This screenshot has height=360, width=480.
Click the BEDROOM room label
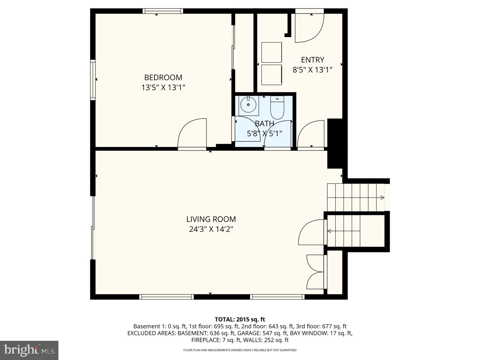tap(163, 77)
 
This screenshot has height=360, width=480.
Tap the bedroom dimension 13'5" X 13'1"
tap(163, 87)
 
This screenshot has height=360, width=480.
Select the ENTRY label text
tap(313, 60)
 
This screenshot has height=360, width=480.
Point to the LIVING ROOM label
tap(211, 219)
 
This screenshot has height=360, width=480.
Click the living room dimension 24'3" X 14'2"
tap(211, 229)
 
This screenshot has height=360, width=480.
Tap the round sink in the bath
tap(248, 105)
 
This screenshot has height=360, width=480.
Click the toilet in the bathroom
tap(277, 108)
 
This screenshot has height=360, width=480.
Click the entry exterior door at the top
tap(309, 27)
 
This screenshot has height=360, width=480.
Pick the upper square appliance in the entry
tap(271, 52)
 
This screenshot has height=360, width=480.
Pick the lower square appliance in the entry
tap(271, 75)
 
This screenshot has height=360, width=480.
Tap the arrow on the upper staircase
tap(382, 198)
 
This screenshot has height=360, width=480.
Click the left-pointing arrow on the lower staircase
tap(330, 231)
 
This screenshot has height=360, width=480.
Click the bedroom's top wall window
tap(163, 11)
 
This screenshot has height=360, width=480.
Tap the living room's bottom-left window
tap(166, 297)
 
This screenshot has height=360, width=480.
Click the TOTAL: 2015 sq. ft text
tap(240, 319)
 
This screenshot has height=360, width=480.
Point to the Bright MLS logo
tap(29, 350)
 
